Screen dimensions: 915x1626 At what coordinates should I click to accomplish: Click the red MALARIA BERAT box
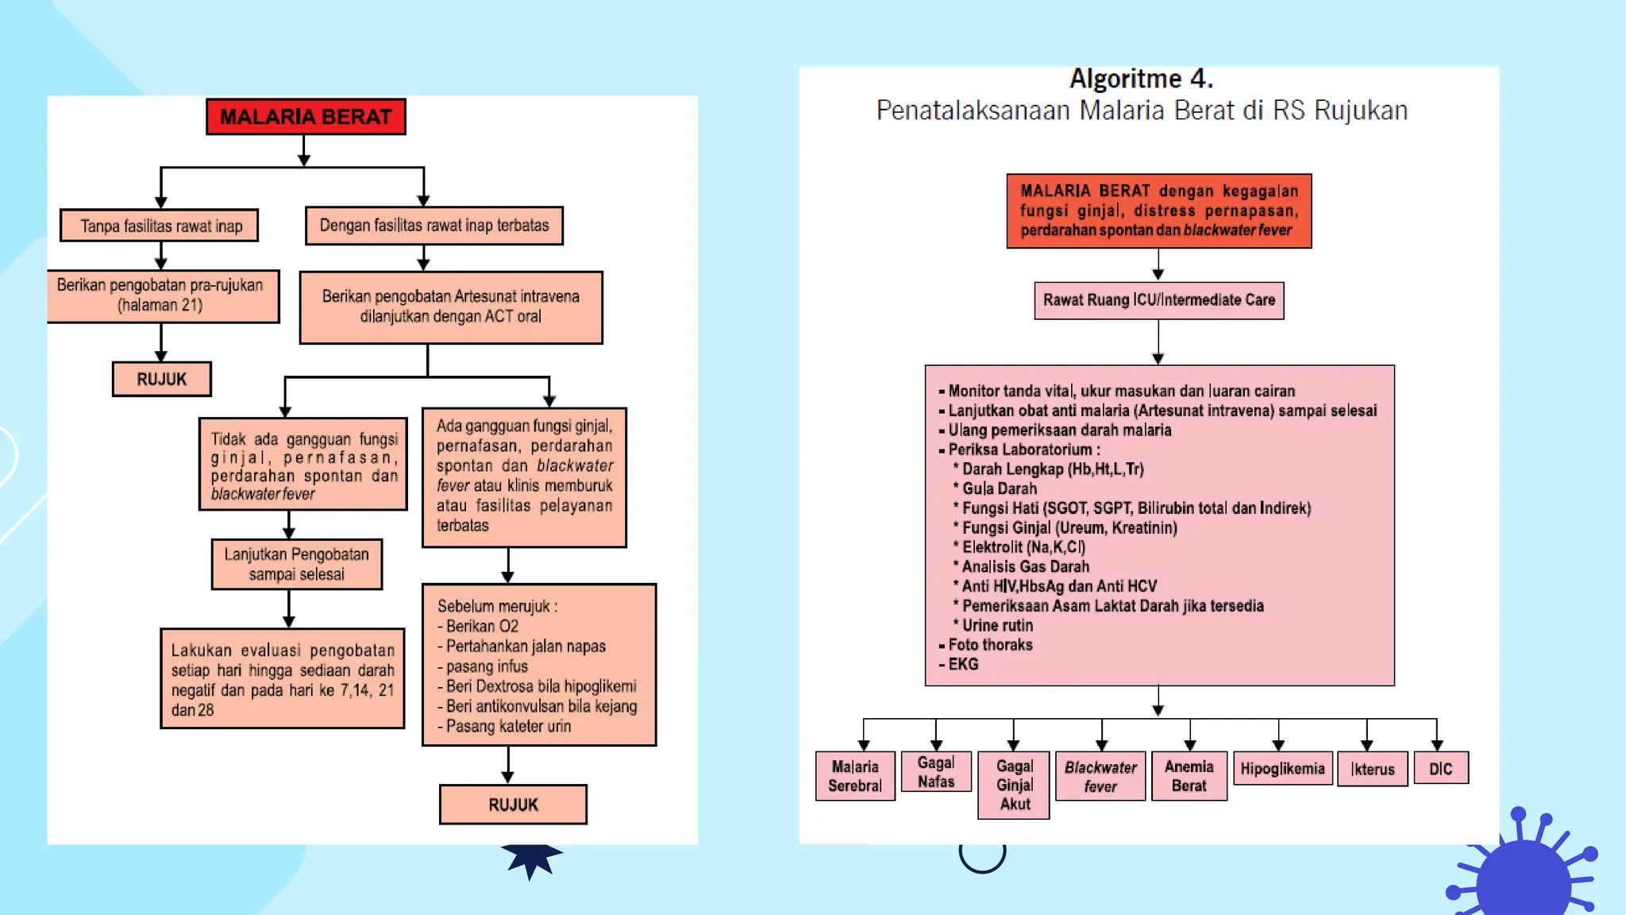pos(306,117)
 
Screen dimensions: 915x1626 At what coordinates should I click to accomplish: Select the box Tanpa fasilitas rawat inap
pos(159,226)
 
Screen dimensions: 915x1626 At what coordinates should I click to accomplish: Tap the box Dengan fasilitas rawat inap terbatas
pos(433,226)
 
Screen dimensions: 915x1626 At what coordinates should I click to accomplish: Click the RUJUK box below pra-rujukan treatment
pos(161,379)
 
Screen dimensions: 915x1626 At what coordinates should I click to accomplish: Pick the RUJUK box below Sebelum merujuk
pos(513,805)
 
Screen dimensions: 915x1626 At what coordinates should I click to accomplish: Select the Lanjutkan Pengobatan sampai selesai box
pos(296,564)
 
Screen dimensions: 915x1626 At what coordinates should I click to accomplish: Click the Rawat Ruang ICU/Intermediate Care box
pos(1158,300)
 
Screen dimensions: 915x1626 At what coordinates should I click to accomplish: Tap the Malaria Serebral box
pos(855,776)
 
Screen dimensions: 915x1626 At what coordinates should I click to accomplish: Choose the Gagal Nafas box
pos(936,772)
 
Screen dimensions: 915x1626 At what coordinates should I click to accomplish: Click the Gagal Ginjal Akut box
pos(1014,785)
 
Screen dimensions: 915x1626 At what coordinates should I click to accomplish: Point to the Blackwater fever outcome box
pos(1100,776)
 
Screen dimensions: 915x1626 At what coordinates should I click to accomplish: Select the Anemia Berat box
pos(1189,776)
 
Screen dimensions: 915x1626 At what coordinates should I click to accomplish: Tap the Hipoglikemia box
pos(1282,768)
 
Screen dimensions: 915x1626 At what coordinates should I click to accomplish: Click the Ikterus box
pos(1372,769)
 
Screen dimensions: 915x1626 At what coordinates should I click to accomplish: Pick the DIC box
pos(1440,768)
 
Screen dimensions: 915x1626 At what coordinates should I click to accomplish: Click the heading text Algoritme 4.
pos(1141,79)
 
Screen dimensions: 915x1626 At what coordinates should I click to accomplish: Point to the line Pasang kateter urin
pos(508,726)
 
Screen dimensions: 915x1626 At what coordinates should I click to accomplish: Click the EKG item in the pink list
pos(963,664)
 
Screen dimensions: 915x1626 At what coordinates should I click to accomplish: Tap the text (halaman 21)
pos(160,305)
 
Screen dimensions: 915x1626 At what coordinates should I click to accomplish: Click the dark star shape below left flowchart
pos(531,859)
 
